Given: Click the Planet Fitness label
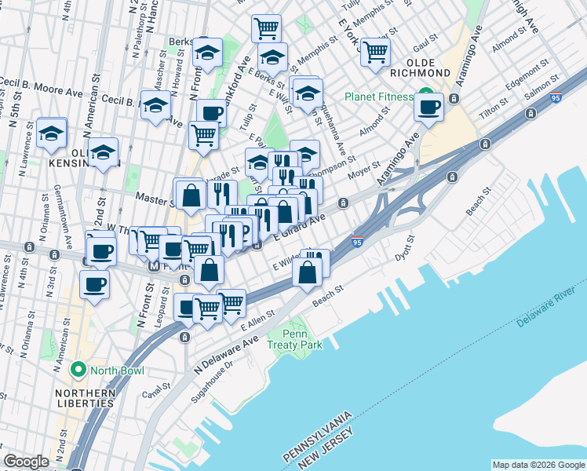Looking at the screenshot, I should coord(379,97).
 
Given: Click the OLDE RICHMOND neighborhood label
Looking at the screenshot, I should coord(428,67).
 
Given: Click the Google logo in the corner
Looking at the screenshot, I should coord(26,462).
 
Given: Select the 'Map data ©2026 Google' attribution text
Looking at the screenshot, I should coord(538,465).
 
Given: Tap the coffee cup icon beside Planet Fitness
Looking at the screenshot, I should coord(429,108).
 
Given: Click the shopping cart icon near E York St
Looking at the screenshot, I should coord(376,51).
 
